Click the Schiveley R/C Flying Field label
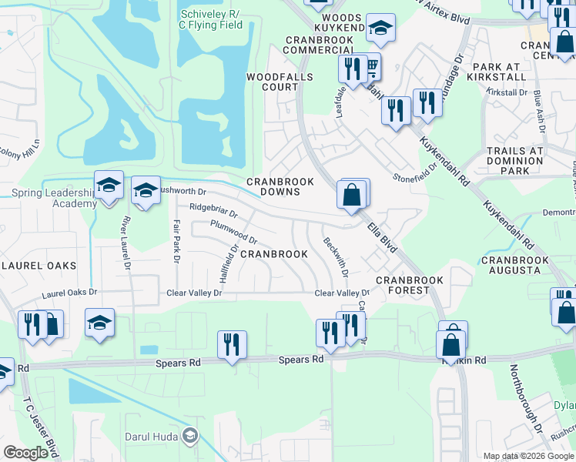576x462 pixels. click(x=211, y=20)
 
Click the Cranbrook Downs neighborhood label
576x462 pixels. click(x=280, y=186)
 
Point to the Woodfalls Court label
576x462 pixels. click(x=272, y=82)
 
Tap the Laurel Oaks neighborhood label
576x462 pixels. click(x=39, y=266)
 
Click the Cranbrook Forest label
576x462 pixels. click(x=403, y=285)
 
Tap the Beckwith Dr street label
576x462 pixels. click(x=336, y=257)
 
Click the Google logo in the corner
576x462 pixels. click(x=25, y=453)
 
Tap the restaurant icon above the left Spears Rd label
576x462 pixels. click(x=231, y=343)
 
